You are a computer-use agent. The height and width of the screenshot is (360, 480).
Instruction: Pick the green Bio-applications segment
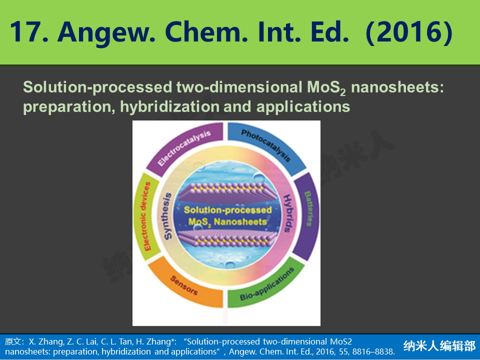(267, 283)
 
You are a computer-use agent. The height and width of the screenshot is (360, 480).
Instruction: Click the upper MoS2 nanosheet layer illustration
(227, 193)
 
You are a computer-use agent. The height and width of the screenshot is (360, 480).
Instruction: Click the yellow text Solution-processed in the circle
(228, 210)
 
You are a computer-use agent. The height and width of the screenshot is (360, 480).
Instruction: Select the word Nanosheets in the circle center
(240, 221)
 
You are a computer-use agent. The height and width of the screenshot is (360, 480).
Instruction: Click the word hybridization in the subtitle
(169, 107)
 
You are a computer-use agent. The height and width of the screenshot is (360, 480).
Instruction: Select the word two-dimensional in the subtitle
(239, 87)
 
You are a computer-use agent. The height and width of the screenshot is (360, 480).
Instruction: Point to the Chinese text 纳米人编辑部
(439, 346)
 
